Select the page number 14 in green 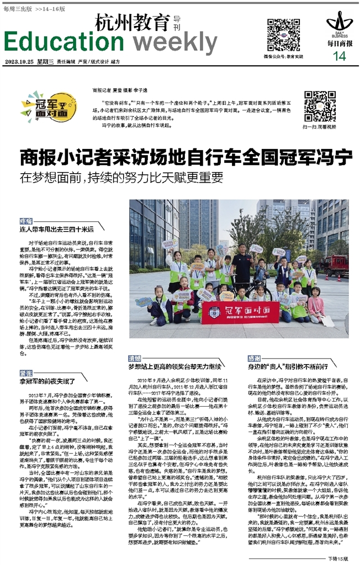click(339, 56)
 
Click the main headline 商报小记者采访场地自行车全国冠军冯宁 click(186, 158)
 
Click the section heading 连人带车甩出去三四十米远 click(57, 228)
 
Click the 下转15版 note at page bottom click(338, 558)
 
